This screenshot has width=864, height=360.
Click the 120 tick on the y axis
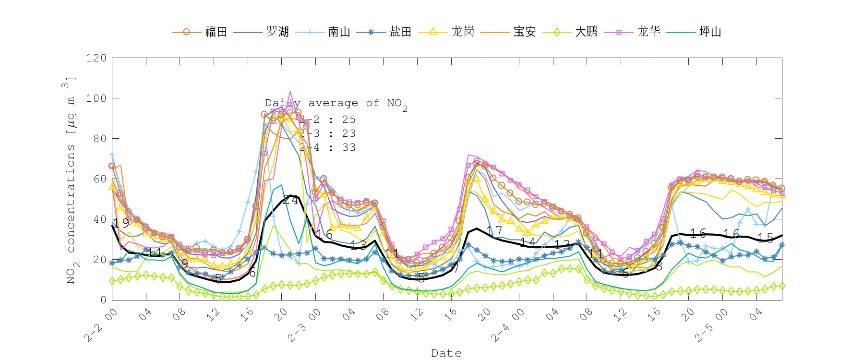click(96, 58)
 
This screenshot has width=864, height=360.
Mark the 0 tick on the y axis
click(103, 300)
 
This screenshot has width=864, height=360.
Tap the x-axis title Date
click(446, 353)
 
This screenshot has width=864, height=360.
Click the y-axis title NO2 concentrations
click(71, 180)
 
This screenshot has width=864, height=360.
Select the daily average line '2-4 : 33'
click(328, 148)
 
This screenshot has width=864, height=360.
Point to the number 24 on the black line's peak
click(290, 200)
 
